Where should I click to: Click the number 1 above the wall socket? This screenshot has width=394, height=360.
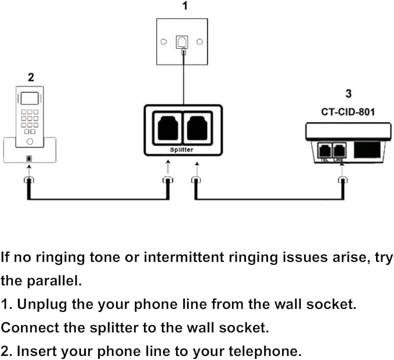185,7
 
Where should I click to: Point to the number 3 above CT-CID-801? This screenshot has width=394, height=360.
348,93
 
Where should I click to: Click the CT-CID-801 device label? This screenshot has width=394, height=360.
348,112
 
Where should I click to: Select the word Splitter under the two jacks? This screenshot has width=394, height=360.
183,150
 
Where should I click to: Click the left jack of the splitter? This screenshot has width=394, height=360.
168,128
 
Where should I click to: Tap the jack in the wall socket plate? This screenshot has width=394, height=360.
183,42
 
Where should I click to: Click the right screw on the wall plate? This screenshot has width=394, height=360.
200,42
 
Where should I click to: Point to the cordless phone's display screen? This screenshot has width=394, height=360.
30,98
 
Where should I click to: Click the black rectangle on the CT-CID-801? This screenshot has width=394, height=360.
368,150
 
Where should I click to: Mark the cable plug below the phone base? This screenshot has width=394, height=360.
27,181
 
